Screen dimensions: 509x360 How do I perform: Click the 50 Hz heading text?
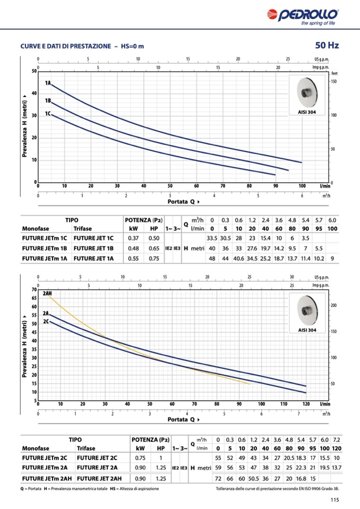coord(327,46)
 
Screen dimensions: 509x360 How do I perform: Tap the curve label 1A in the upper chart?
coord(48,83)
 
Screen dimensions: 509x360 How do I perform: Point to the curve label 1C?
coord(48,114)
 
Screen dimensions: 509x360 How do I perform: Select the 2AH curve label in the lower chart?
coord(48,294)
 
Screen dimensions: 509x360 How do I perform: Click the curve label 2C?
coord(46,322)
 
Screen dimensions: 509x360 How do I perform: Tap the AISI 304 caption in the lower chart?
coord(307,330)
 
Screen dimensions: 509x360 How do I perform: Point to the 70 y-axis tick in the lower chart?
coord(33,290)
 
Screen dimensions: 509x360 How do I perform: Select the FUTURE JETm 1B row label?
coord(45,248)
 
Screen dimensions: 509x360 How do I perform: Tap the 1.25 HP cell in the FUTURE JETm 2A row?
coord(159,468)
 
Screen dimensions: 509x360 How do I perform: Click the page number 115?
coord(334,499)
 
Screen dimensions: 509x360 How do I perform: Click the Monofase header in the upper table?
coord(36,229)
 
